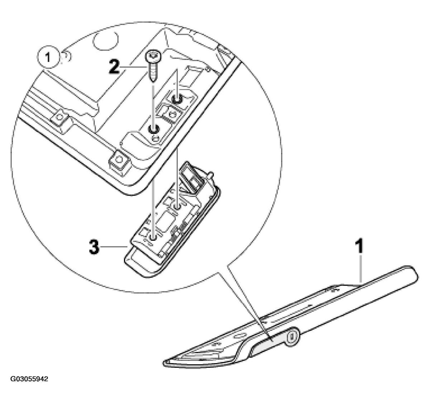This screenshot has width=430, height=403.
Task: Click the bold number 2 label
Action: (x=114, y=67)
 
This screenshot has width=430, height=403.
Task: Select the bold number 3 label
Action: (x=94, y=247)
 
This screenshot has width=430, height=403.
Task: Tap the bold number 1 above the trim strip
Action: (x=359, y=246)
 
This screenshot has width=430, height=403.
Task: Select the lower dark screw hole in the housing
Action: (x=153, y=129)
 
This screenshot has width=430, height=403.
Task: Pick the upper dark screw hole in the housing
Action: (x=177, y=99)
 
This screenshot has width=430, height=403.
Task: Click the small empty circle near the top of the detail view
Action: (x=106, y=41)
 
